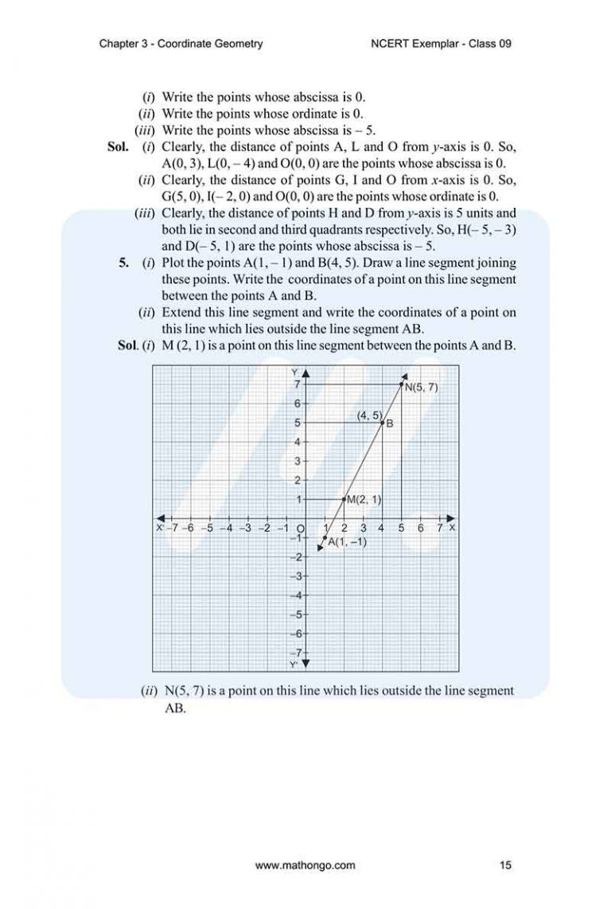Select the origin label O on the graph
tap(301, 529)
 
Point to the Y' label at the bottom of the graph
tap(294, 663)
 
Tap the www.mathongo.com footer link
tap(305, 865)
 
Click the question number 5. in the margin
tap(124, 263)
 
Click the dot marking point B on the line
tap(383, 423)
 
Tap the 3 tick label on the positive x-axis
tap(363, 529)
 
